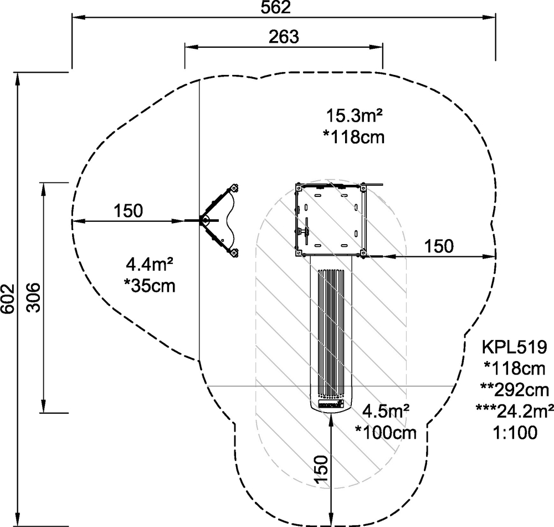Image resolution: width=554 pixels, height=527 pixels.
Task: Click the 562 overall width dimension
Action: (275, 8)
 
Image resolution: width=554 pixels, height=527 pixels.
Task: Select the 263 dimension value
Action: (284, 37)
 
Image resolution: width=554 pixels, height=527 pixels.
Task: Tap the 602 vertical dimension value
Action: (8, 298)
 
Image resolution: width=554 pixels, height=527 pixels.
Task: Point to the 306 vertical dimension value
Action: (34, 297)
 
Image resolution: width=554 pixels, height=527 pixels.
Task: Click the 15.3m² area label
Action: (355, 115)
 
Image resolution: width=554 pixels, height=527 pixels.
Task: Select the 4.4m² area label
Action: (150, 264)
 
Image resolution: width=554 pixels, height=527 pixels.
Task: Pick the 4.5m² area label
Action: (386, 411)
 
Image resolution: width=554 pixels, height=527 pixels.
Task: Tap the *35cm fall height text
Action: (150, 286)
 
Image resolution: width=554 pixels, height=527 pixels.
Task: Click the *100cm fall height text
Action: (386, 433)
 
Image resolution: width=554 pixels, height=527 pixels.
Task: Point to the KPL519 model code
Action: (515, 347)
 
